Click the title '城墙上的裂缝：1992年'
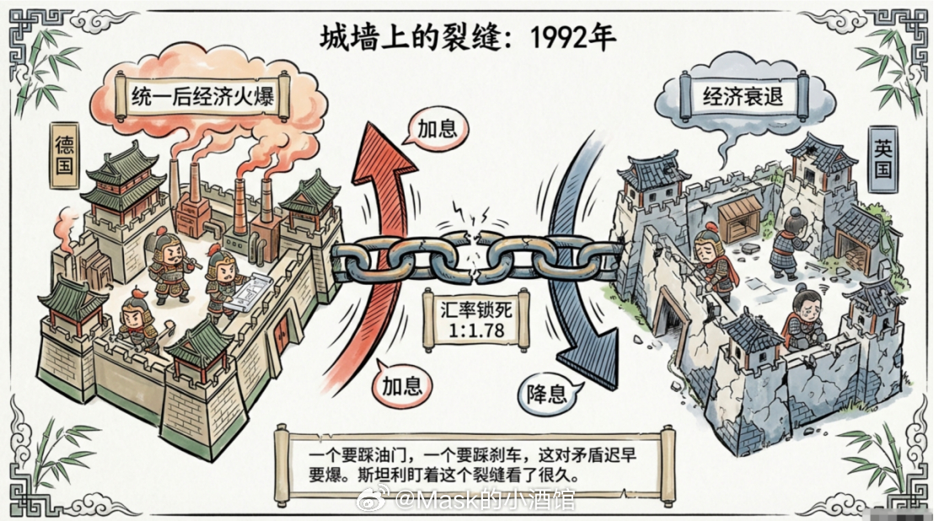pyautogui.click(x=467, y=36)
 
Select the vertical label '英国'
pyautogui.click(x=883, y=160)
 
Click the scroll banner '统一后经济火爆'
pyautogui.click(x=202, y=98)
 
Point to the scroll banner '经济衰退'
pyautogui.click(x=743, y=96)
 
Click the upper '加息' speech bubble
pyautogui.click(x=436, y=128)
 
